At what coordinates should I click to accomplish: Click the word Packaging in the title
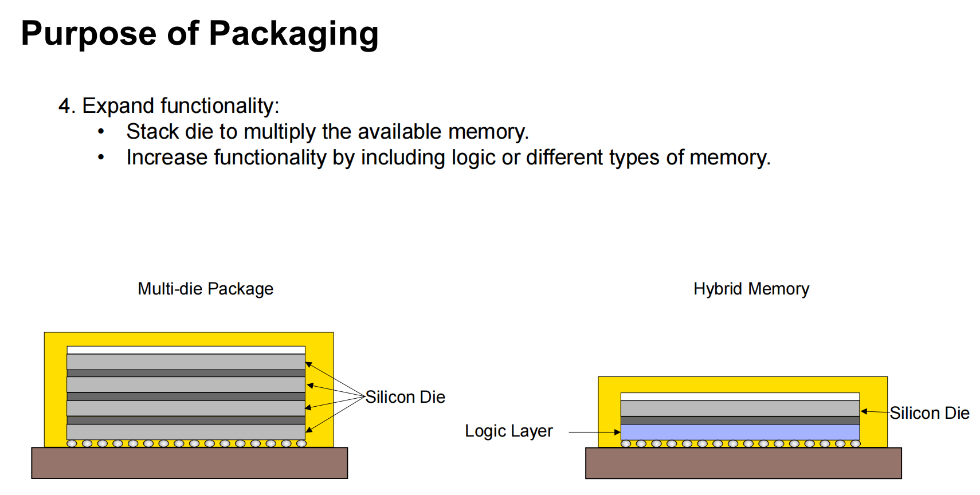[293, 34]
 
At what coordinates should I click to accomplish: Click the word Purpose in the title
[89, 34]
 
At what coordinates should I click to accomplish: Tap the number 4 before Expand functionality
[64, 106]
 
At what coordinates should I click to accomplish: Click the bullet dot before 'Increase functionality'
[101, 157]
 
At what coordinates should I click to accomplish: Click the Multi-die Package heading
[205, 289]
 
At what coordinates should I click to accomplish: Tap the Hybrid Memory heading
[751, 289]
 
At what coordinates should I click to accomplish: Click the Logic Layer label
[508, 431]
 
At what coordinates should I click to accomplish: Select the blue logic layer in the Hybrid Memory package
[740, 432]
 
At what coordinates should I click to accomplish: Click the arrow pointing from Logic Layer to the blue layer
[594, 432]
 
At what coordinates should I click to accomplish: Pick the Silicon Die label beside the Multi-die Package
[405, 397]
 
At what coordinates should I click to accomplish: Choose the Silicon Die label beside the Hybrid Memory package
[930, 413]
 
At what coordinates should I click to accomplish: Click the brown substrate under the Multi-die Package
[190, 463]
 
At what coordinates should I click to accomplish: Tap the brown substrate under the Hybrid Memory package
[743, 463]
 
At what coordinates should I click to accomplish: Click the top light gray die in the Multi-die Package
[186, 362]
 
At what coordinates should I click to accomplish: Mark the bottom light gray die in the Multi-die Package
[186, 432]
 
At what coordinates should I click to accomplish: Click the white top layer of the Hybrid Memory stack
[740, 396]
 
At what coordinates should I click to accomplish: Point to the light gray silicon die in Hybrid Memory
[740, 408]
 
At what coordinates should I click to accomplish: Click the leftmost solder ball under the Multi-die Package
[72, 443]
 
